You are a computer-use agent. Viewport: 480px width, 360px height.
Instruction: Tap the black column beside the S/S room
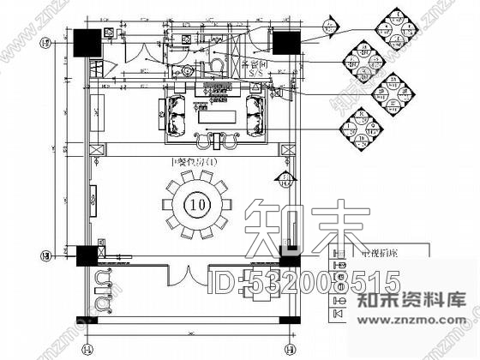pos(285,42)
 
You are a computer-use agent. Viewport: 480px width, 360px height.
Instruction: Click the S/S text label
pos(255,74)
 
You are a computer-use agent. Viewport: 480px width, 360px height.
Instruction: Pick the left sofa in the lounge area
pos(175,115)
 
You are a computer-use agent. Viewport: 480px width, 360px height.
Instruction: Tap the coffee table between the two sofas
pos(216,115)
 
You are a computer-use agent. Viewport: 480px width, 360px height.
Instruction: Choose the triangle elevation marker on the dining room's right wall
pos(284,178)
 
